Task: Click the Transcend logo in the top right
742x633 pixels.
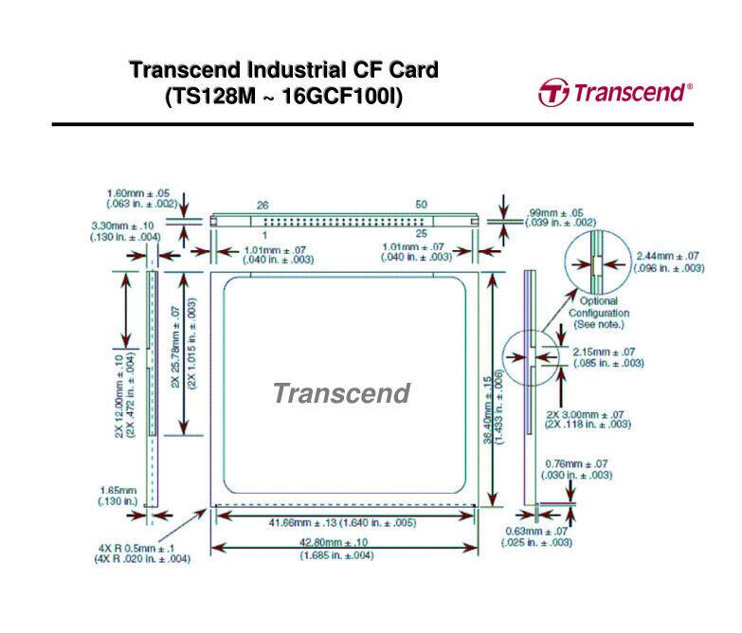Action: tap(615, 93)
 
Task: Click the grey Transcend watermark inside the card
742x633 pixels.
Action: tap(341, 393)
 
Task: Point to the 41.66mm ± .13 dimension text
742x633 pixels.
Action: tap(343, 522)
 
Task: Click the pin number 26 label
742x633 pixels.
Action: tap(263, 205)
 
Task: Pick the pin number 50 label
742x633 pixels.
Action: tap(421, 205)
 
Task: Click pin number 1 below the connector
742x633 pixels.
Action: tap(264, 234)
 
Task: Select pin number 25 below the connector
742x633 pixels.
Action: tap(421, 234)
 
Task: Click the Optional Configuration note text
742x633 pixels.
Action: tap(599, 313)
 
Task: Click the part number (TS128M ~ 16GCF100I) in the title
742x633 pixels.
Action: tap(283, 97)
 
